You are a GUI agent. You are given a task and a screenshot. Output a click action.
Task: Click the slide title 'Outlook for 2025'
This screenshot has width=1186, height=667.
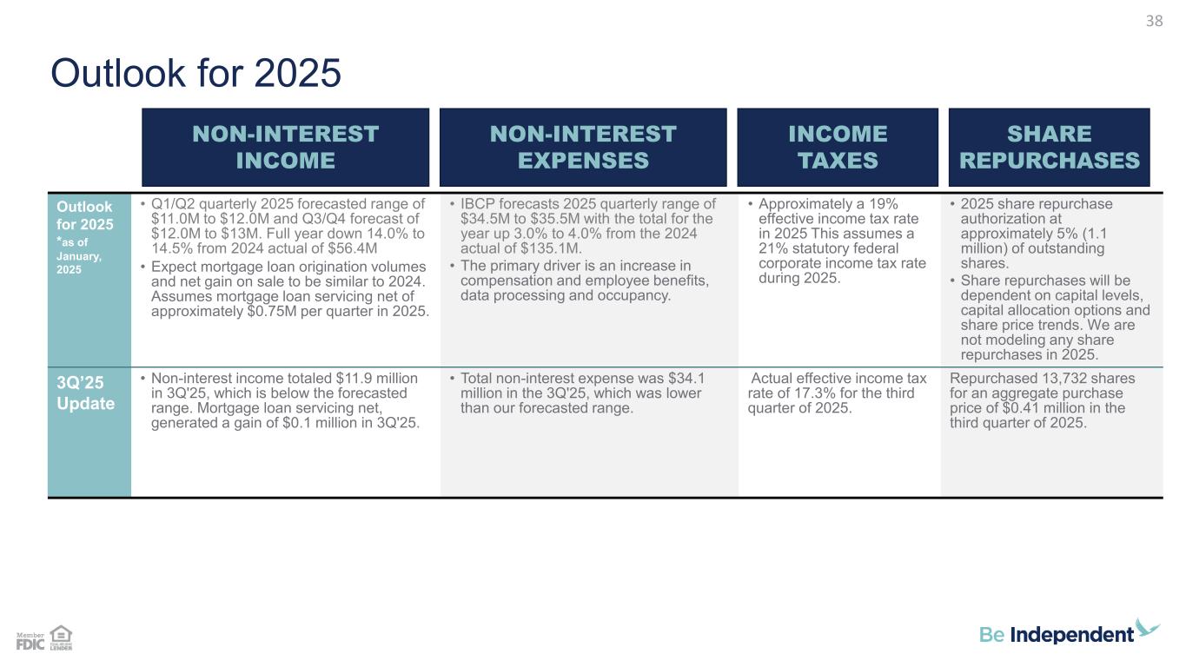tap(195, 73)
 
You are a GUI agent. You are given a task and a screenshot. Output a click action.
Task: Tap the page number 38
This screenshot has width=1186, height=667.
tap(1154, 21)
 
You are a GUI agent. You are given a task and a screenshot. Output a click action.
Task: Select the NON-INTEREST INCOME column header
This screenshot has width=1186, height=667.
tap(285, 147)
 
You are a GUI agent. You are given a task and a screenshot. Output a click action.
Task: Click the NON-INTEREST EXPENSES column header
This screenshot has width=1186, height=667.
tap(583, 147)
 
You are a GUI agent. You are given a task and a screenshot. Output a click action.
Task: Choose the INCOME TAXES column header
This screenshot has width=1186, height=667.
tap(838, 147)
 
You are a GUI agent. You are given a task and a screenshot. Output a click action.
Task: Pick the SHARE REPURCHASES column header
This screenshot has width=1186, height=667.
tap(1050, 147)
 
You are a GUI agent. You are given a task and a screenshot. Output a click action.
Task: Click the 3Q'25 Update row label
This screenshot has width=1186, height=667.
tap(85, 393)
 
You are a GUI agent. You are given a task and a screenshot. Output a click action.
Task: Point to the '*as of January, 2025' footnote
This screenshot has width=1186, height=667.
tap(79, 255)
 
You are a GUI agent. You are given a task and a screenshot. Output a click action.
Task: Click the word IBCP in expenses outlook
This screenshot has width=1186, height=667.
tap(478, 204)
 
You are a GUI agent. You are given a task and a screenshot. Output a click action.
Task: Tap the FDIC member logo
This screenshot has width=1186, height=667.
tap(30, 641)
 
